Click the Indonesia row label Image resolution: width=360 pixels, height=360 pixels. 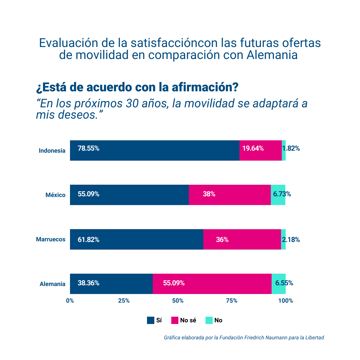pyautogui.click(x=52, y=151)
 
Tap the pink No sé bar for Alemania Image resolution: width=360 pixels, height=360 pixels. pyautogui.click(x=212, y=284)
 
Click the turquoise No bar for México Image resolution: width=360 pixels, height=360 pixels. pyautogui.click(x=278, y=195)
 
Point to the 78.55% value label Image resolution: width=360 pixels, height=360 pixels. pyautogui.click(x=88, y=149)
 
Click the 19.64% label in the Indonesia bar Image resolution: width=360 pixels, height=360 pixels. pyautogui.click(x=253, y=149)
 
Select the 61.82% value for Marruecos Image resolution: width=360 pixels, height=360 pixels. pyautogui.click(x=88, y=240)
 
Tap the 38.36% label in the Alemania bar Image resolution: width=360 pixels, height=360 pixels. pyautogui.click(x=88, y=283)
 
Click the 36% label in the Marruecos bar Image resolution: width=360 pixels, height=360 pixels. pyautogui.click(x=222, y=240)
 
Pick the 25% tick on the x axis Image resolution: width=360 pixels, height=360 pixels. pyautogui.click(x=124, y=301)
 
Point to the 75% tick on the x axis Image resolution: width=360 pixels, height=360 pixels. pyautogui.click(x=232, y=301)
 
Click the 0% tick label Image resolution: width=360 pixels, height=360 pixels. pyautogui.click(x=70, y=301)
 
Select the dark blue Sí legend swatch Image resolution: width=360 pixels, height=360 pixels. pyautogui.click(x=151, y=320)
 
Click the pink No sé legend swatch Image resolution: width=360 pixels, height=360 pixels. pyautogui.click(x=175, y=320)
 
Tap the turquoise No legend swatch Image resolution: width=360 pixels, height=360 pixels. pyautogui.click(x=209, y=320)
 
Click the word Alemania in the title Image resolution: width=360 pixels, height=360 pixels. pyautogui.click(x=272, y=55)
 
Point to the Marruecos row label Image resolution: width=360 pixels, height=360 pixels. pyautogui.click(x=51, y=239)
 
